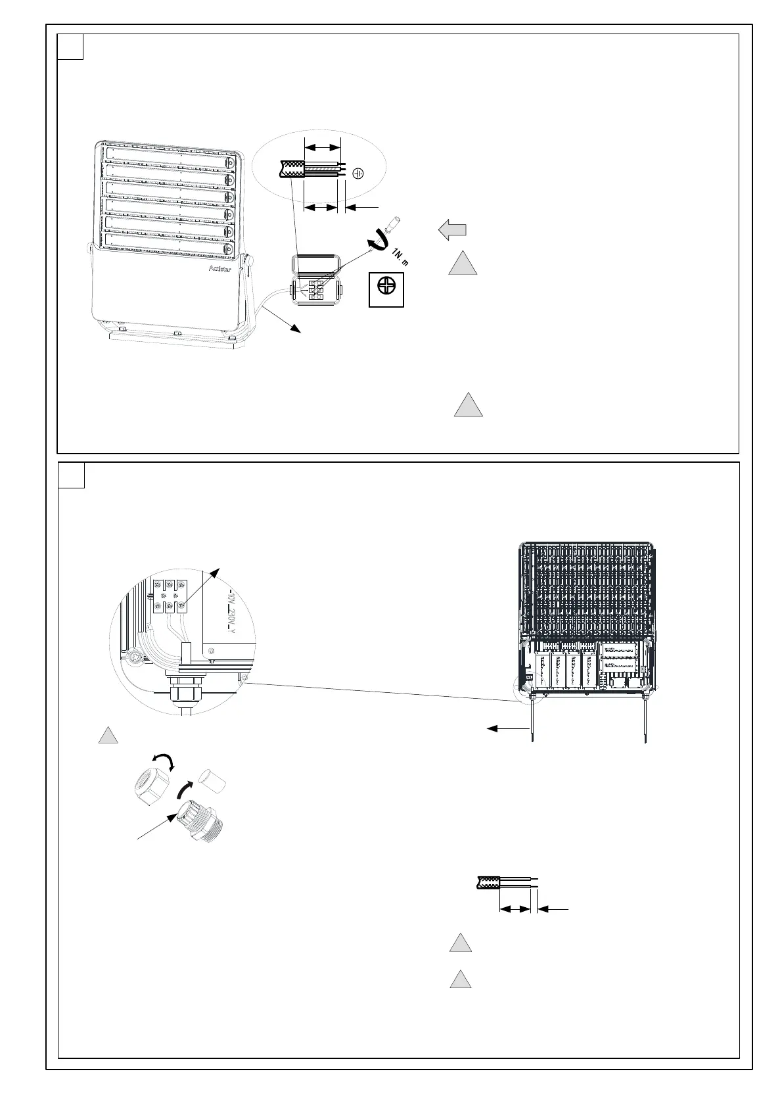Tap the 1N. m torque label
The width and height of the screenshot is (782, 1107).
(x=399, y=258)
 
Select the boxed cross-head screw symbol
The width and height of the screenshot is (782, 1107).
(x=386, y=289)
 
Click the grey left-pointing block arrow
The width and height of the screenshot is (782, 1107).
(x=452, y=230)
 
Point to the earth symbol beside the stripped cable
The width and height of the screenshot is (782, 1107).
(x=359, y=174)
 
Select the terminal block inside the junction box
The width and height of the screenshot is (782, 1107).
(x=315, y=289)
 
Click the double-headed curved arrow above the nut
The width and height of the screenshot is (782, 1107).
(x=163, y=761)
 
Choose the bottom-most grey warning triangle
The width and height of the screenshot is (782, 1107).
(x=461, y=980)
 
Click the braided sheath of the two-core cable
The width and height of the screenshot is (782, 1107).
(x=487, y=882)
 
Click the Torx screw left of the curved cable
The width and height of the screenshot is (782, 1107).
(x=135, y=657)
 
